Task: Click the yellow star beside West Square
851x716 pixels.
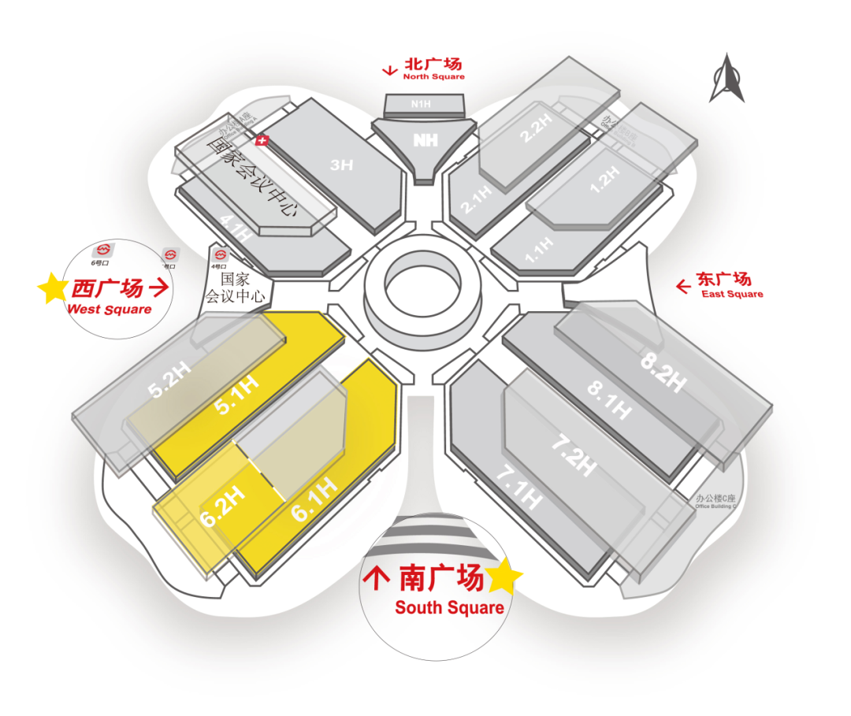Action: coord(53,289)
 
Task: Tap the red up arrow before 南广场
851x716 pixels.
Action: coord(376,579)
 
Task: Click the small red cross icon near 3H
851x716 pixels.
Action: coord(263,140)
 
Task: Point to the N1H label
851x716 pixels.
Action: coord(421,103)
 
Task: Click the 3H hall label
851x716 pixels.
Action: coord(341,165)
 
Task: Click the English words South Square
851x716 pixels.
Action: coord(449,608)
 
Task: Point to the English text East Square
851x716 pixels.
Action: coord(732,295)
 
